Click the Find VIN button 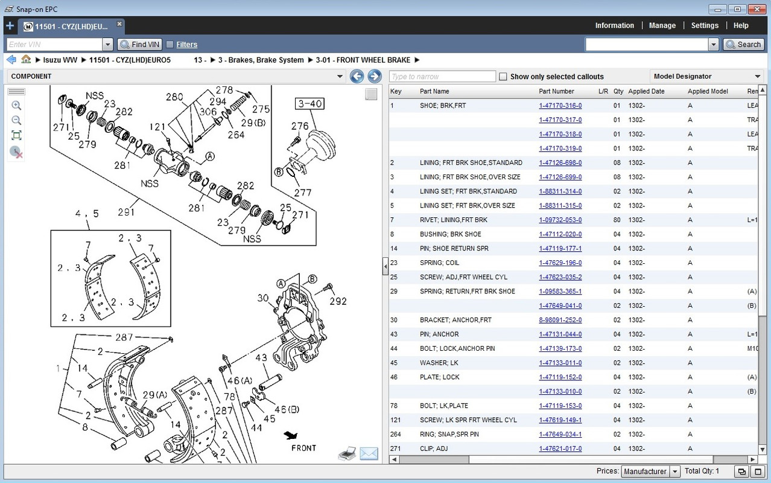[x=139, y=45]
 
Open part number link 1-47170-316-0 [x=560, y=106]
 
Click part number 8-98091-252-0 [x=560, y=320]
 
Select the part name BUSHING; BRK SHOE [x=450, y=234]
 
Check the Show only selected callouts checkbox [x=503, y=77]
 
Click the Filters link [x=186, y=45]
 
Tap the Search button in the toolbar [x=743, y=45]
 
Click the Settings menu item [x=705, y=25]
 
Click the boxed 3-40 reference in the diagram [x=309, y=104]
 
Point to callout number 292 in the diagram [x=338, y=301]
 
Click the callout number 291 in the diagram [x=126, y=212]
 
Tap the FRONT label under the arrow [x=303, y=448]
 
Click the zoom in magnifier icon [x=16, y=106]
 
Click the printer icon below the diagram [x=347, y=453]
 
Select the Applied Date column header [x=646, y=91]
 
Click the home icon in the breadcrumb [x=26, y=60]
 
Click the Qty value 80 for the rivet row [x=617, y=220]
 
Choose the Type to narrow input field [x=442, y=77]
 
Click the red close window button [x=757, y=9]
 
